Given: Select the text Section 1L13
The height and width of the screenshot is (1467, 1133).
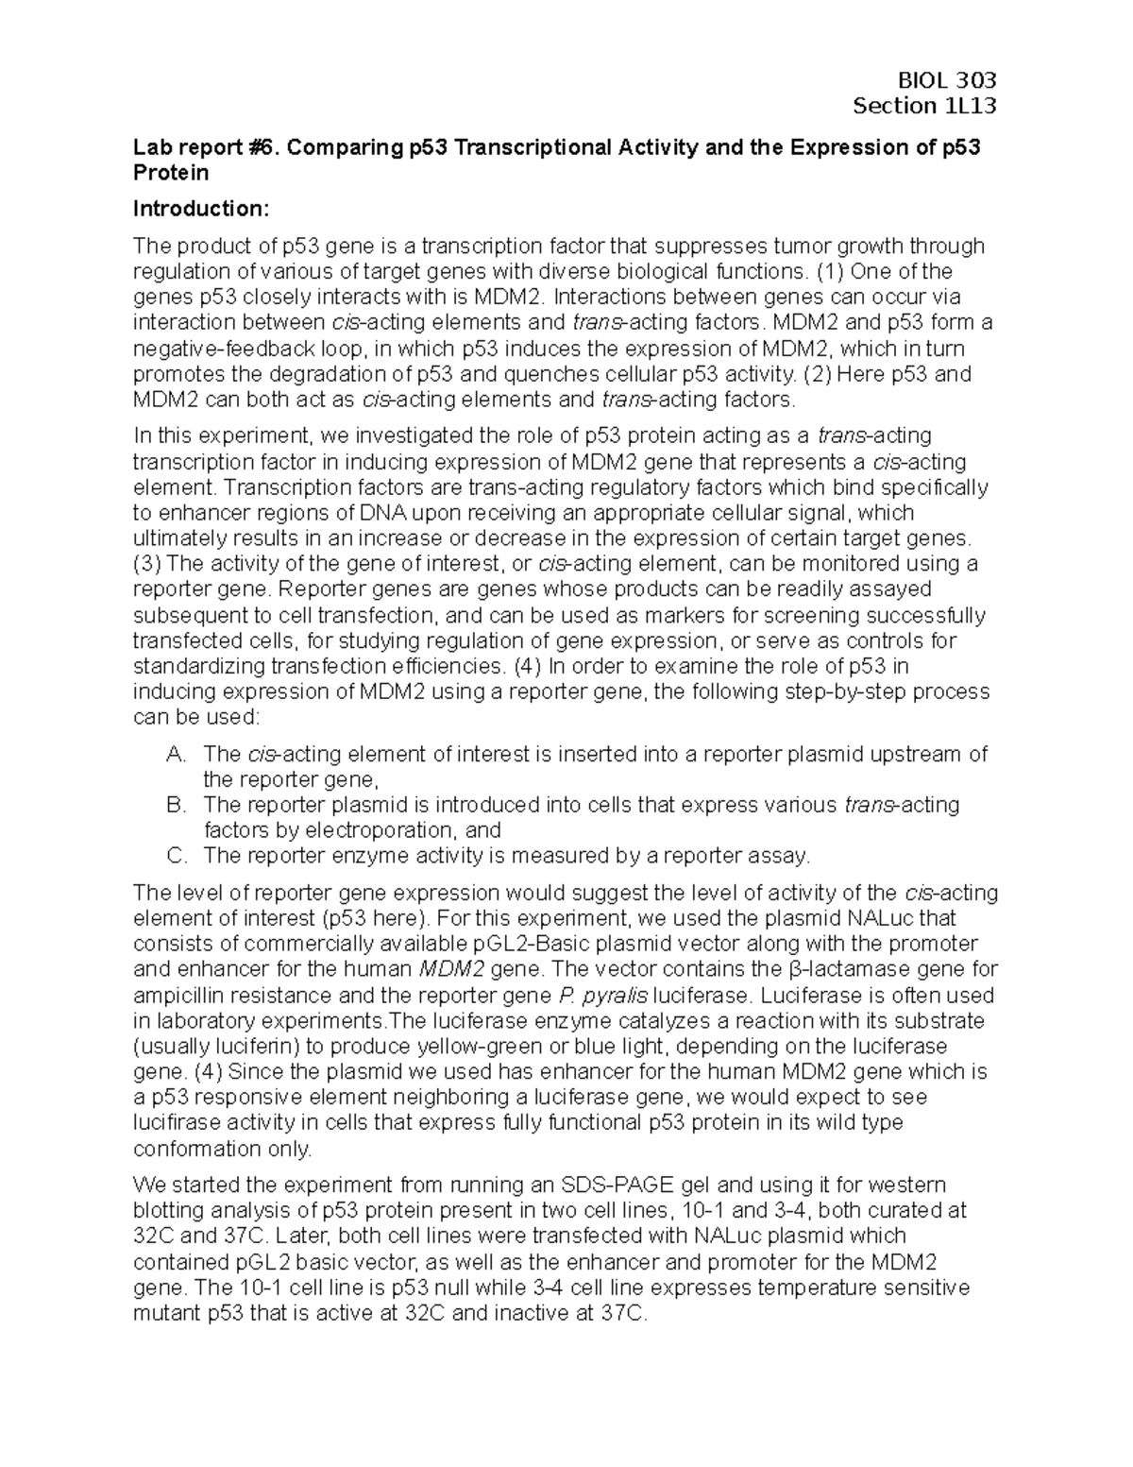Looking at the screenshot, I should (x=924, y=106).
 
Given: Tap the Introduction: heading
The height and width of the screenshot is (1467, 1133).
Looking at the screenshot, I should (x=201, y=208).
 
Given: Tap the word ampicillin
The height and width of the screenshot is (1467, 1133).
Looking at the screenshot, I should (x=184, y=995).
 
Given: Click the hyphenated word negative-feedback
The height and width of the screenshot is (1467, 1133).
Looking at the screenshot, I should (x=214, y=348).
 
